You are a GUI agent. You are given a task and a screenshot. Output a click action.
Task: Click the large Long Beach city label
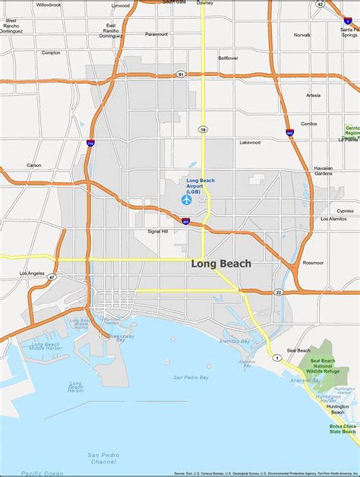(221, 264)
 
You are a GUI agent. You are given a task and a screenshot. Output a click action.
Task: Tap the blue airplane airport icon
(187, 201)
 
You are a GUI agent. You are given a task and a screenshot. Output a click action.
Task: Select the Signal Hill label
(158, 231)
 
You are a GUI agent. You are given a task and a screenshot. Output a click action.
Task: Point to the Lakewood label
(250, 142)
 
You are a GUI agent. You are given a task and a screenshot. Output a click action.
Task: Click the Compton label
(51, 52)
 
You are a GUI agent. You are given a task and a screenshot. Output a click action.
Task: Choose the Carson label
(34, 165)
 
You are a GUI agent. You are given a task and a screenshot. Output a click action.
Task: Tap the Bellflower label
(228, 58)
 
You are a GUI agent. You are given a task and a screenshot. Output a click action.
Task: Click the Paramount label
(156, 34)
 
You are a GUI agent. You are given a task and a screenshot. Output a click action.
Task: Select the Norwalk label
(302, 35)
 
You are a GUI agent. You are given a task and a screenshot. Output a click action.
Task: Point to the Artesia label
(313, 95)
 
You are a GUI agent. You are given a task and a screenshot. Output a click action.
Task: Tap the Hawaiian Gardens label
(324, 170)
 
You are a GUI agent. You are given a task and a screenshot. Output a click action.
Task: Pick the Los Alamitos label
(333, 219)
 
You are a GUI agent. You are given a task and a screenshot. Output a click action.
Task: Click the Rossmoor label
(313, 263)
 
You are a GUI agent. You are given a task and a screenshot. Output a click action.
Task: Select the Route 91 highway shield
(180, 74)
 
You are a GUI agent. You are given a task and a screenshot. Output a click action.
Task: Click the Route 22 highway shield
(278, 292)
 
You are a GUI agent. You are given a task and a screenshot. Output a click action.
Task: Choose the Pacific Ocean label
(43, 472)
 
